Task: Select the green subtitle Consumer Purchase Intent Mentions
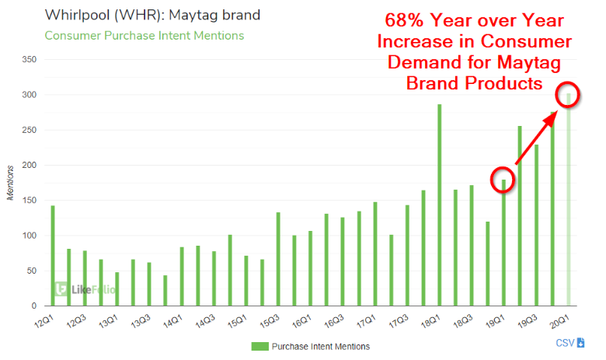(x=144, y=36)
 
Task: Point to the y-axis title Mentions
(x=11, y=183)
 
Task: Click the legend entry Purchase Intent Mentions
(x=311, y=346)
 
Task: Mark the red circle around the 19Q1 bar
(x=503, y=180)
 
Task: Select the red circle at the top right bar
(x=567, y=94)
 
